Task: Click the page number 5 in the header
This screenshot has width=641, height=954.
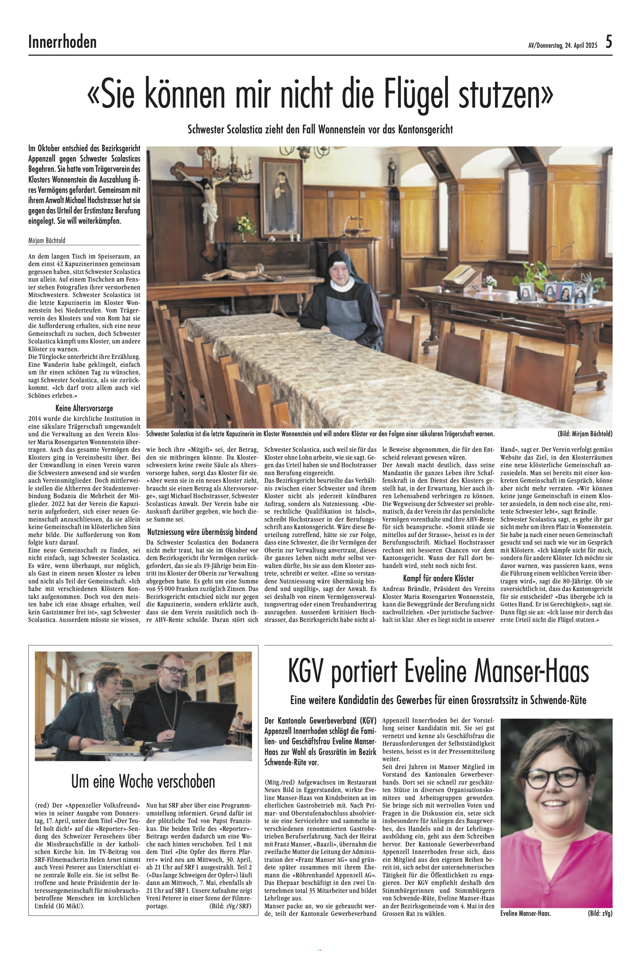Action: tap(608, 42)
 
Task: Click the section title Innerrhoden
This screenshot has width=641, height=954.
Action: tap(63, 42)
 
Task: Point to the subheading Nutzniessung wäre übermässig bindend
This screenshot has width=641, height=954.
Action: tap(202, 532)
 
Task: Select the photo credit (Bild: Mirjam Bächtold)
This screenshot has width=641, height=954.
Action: tap(585, 434)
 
